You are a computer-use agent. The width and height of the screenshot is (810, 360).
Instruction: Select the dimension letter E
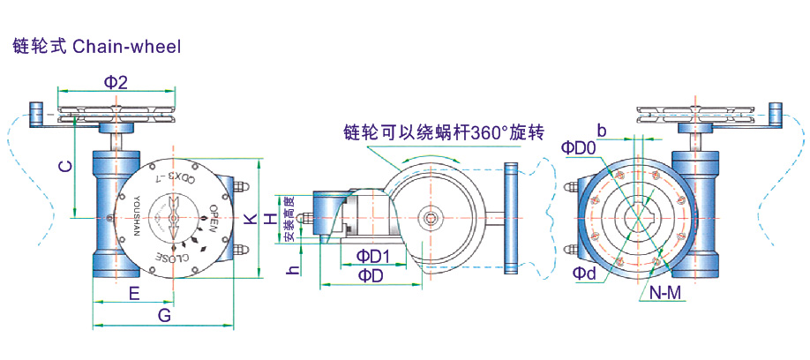coord(134,294)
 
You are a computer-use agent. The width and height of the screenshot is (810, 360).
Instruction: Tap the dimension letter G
coord(164,315)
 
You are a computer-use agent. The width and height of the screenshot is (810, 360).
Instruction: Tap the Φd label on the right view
coord(584,274)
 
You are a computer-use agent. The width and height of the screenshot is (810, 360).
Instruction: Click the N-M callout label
coord(664,294)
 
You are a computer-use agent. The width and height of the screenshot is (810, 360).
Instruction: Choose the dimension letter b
coord(602,131)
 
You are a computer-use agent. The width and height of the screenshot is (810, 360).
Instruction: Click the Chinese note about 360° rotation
coord(444,133)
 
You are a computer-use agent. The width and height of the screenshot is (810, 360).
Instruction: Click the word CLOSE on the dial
coord(176,257)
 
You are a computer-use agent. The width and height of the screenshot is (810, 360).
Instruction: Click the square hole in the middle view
coord(431,218)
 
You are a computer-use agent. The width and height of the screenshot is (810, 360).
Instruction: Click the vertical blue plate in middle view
coord(510,217)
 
